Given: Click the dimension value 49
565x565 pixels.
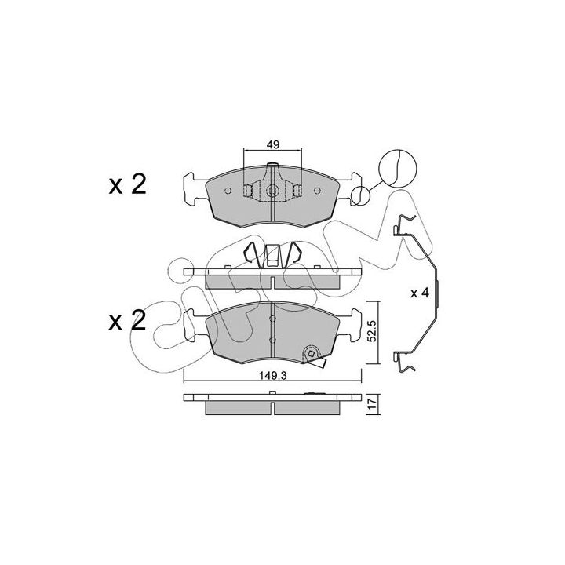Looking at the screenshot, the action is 273,145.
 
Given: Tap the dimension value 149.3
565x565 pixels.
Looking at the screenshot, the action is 273,376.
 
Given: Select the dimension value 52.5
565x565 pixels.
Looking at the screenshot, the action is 373,332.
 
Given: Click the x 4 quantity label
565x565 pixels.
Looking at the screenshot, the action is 420,293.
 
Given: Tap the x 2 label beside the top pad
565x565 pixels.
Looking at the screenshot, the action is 128,185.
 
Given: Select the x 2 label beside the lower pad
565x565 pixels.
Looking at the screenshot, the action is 128,320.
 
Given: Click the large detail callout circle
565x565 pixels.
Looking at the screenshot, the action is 398,168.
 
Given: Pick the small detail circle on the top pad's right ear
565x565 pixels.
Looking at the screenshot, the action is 360,196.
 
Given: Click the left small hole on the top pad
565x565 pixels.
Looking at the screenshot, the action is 228,191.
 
